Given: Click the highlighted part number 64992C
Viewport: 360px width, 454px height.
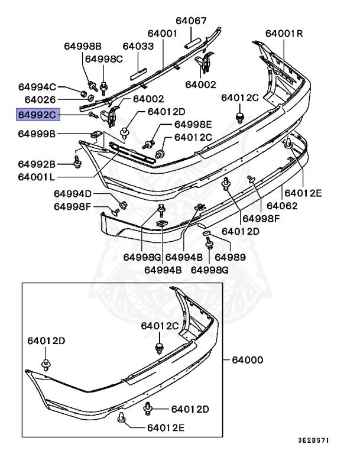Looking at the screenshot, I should click(x=37, y=114).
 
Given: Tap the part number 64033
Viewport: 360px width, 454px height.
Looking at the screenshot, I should click(x=138, y=46).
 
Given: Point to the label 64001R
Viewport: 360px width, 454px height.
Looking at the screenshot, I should click(x=284, y=34).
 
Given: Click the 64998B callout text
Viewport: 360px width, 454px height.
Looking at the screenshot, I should click(x=83, y=46).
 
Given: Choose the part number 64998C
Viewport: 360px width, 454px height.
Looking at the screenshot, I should click(x=103, y=59).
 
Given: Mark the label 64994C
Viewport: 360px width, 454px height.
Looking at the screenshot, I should click(x=37, y=86).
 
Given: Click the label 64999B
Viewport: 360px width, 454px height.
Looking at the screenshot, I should click(x=37, y=134).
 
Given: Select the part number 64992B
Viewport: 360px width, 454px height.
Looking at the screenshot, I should click(x=37, y=164).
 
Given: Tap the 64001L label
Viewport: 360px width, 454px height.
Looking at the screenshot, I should click(x=37, y=176).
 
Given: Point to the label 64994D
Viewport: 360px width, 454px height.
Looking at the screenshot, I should click(x=73, y=193).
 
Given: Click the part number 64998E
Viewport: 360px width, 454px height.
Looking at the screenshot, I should click(x=192, y=124).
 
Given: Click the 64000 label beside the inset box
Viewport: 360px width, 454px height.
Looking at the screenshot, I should click(x=247, y=359).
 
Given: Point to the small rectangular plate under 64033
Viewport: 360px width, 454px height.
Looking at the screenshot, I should click(x=138, y=73).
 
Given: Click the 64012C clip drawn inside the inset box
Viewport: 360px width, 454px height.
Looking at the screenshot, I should click(x=159, y=347).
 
